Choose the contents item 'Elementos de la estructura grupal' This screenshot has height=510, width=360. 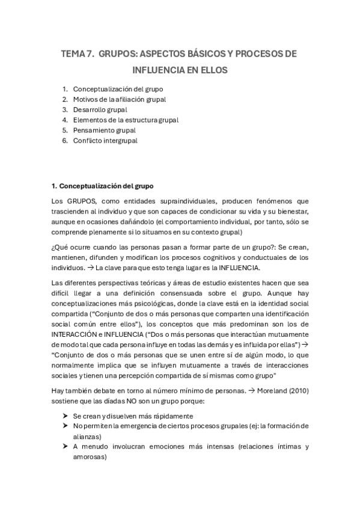click(x=126, y=120)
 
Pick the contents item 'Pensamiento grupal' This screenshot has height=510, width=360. click(x=104, y=130)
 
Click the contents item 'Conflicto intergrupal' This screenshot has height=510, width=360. click(x=105, y=140)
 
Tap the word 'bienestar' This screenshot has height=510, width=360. click(x=291, y=211)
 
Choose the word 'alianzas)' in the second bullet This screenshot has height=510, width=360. click(x=88, y=436)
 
